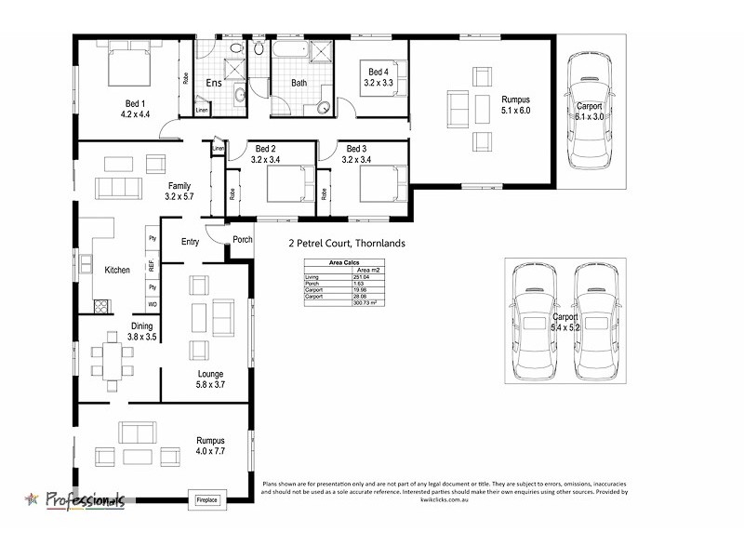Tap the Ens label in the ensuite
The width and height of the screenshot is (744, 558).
coord(214,84)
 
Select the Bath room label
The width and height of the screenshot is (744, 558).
coord(299,84)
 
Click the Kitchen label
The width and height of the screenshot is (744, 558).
coord(117,270)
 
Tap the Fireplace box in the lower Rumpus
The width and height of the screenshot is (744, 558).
coord(206,500)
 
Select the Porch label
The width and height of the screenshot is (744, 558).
coord(243,240)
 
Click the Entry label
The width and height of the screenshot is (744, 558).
coord(191,242)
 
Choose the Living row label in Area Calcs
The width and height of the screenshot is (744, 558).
coord(312,277)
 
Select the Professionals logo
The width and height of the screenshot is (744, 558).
coord(74,500)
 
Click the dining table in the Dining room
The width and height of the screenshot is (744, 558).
coord(111,363)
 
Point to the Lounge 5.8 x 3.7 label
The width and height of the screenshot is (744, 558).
coord(209,379)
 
